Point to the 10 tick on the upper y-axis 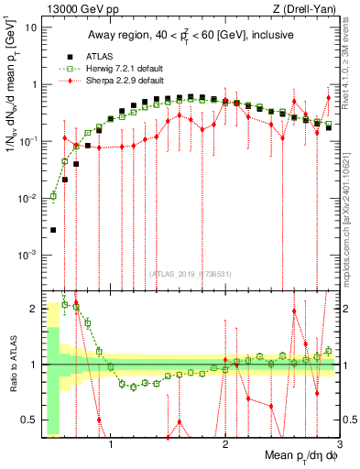coord(31,27)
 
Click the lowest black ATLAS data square coord(53,230)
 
